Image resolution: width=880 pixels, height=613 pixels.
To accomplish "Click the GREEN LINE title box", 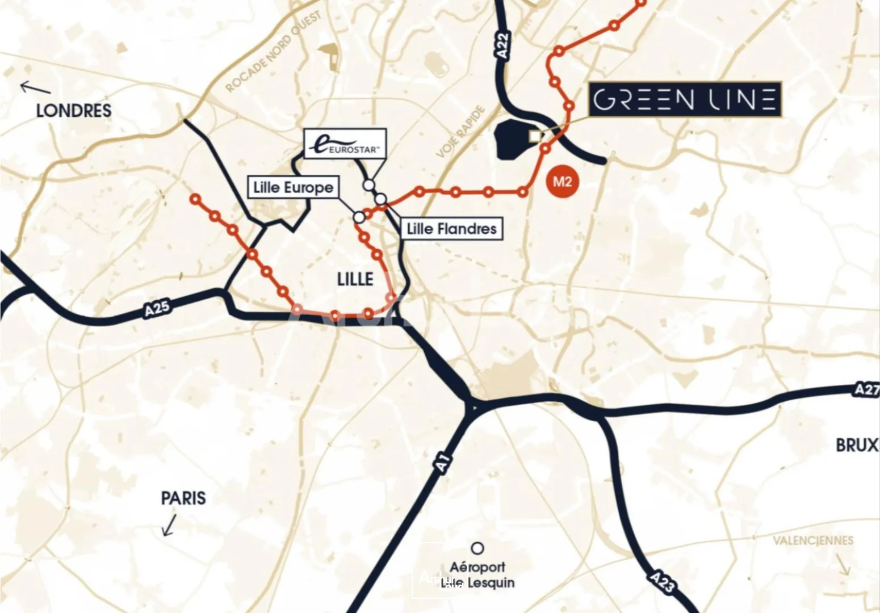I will (x=685, y=100).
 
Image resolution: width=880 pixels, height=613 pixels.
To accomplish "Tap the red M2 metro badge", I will (x=561, y=182).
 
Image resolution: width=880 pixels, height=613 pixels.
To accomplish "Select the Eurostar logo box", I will (x=345, y=144).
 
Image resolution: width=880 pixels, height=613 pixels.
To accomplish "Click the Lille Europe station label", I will (x=293, y=187).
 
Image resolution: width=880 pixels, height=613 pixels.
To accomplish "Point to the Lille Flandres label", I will (x=452, y=229).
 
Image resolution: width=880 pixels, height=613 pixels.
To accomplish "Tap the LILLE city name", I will (x=355, y=279).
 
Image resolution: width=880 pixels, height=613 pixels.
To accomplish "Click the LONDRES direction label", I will (x=74, y=111).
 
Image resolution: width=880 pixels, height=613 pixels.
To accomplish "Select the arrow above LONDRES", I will (x=35, y=88).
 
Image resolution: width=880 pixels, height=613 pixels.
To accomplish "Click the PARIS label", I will (x=183, y=498).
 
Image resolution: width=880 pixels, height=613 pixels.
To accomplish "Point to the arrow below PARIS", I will (x=169, y=526).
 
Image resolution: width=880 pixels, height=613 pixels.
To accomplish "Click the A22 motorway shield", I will (x=502, y=44).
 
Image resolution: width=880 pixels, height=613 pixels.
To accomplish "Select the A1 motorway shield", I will (x=443, y=463).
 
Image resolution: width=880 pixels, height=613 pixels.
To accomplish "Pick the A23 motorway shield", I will (x=661, y=581).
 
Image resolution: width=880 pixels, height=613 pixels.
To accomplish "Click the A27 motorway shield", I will (x=866, y=389).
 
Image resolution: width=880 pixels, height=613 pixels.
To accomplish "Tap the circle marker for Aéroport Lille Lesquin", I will (x=478, y=548).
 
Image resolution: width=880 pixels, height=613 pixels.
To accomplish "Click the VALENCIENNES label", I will (x=813, y=540).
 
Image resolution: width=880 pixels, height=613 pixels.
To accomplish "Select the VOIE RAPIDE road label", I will (x=461, y=132).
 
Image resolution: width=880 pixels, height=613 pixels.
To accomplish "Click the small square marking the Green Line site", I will (x=534, y=136).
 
